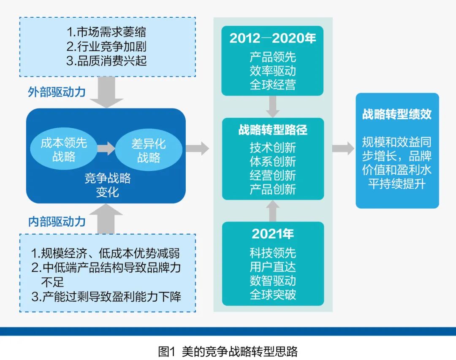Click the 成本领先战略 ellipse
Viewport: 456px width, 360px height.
(64, 150)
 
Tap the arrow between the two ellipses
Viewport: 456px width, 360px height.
(106, 149)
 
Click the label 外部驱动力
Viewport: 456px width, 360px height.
(57, 92)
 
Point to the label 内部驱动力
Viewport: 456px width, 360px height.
(57, 222)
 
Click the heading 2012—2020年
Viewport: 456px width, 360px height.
(272, 39)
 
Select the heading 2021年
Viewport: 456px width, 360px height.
(272, 233)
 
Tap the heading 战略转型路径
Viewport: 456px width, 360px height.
(272, 130)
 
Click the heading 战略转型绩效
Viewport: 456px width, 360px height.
(397, 114)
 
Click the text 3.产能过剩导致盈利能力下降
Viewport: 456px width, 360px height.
(106, 296)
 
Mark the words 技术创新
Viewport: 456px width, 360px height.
(272, 147)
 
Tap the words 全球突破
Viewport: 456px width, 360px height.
(272, 294)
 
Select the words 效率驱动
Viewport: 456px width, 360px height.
(272, 70)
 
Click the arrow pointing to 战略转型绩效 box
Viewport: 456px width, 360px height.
(343, 148)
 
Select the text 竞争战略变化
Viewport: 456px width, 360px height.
(107, 185)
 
